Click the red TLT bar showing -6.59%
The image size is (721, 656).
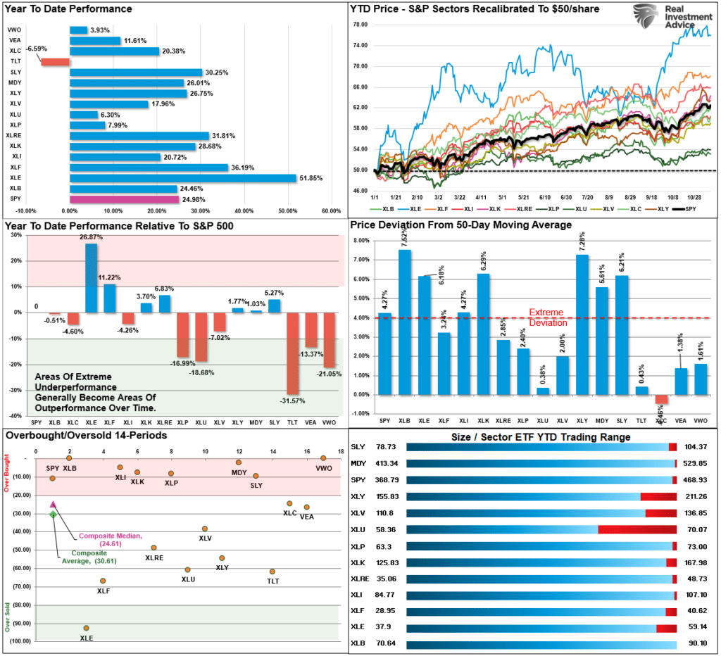click(x=56, y=62)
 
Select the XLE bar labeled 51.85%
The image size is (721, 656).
click(x=183, y=178)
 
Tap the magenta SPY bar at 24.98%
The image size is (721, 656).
click(x=124, y=199)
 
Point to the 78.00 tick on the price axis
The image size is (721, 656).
click(x=360, y=25)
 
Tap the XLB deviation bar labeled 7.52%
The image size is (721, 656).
click(x=406, y=322)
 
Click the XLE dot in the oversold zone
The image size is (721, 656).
click(x=86, y=628)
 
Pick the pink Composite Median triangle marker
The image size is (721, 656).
click(x=53, y=505)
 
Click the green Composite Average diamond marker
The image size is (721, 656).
click(x=53, y=515)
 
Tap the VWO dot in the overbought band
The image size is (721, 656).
click(x=323, y=458)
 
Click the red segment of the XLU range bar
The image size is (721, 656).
click(x=637, y=529)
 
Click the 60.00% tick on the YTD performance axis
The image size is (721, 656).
click(x=331, y=210)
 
